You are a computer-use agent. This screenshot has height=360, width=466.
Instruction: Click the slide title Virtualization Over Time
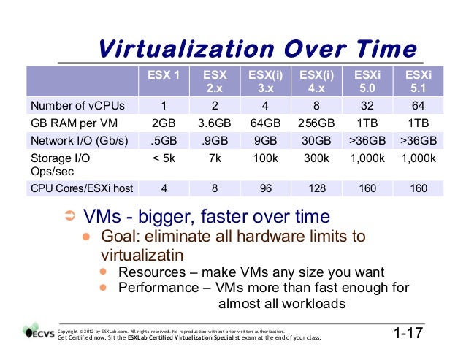257,50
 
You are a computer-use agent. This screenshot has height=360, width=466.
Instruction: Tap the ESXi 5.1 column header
419,81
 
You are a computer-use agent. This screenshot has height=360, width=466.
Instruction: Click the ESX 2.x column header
215,81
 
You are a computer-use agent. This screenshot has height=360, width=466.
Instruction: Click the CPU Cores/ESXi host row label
80,188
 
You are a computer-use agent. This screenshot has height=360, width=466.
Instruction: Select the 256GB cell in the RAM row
316,122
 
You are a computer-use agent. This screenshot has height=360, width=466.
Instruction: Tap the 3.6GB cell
215,122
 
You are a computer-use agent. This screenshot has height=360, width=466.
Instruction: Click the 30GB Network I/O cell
316,140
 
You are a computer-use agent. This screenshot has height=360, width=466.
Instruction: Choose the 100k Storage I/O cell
266,158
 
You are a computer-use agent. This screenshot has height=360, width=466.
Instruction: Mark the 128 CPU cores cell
316,188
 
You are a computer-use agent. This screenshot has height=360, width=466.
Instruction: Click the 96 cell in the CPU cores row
266,188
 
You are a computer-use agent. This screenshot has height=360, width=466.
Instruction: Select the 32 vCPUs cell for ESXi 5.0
367,103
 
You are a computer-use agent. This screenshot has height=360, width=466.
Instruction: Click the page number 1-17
409,334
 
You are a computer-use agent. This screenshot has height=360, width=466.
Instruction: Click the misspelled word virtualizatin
141,256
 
